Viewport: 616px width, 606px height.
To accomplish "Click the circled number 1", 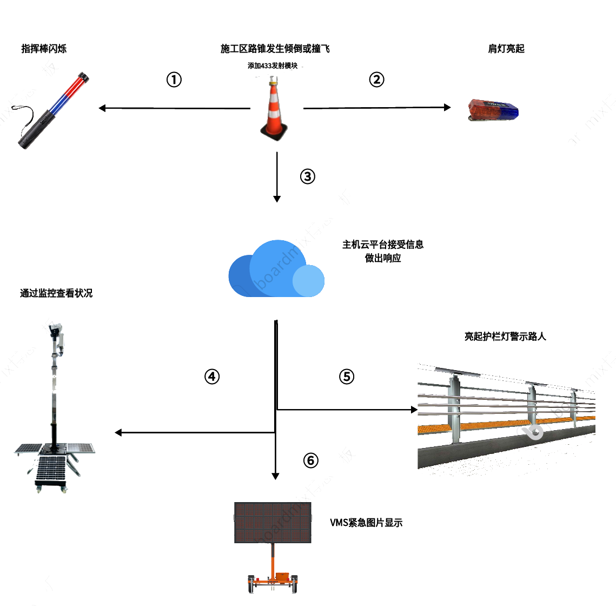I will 174,80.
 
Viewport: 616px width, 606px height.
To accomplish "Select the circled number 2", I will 376,80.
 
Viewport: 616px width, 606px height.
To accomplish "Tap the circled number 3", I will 307,177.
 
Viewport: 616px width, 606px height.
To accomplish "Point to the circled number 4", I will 212,377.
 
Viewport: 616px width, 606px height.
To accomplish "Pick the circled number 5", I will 346,377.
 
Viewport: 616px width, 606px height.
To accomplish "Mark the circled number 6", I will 310,460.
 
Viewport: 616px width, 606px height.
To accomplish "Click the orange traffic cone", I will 275,111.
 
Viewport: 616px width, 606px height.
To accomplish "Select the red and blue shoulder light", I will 493,110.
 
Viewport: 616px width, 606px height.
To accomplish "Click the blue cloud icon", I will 276,269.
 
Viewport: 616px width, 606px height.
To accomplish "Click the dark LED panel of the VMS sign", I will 273,522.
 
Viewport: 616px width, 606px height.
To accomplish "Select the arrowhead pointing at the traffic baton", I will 102,108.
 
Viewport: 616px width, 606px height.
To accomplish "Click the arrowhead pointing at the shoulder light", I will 447,108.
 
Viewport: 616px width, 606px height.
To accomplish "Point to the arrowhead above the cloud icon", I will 277,199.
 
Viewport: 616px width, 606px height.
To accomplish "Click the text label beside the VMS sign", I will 366,523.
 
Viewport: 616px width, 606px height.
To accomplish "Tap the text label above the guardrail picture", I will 505,336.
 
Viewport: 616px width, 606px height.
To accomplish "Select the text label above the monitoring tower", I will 56,294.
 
